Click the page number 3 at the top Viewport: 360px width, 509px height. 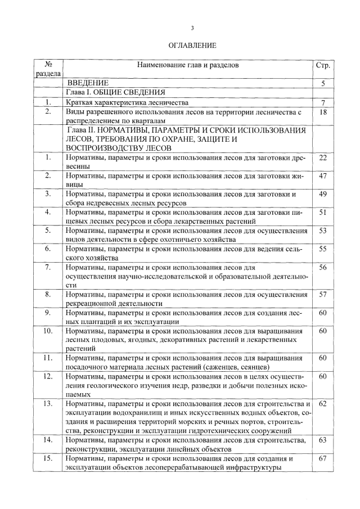coord(192,28)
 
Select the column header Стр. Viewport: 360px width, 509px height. coord(322,65)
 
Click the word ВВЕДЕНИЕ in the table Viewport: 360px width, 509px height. coord(88,83)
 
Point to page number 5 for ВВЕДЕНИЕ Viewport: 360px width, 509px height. coord(323,83)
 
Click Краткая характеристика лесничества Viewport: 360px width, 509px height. coord(126,102)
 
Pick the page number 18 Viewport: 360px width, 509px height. coord(323,112)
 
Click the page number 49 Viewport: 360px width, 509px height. coord(323,194)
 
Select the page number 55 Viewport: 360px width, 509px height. coord(323,248)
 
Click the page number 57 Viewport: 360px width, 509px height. coord(323,294)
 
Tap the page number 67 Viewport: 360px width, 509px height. coord(323,459)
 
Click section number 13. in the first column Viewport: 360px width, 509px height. coord(48,404)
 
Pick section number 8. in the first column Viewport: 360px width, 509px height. coord(48,294)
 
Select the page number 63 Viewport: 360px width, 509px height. coord(323,440)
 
